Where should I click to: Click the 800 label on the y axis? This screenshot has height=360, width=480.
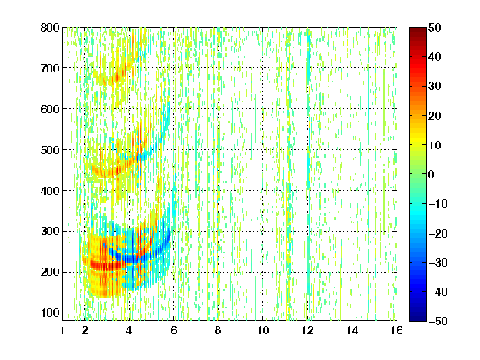click(x=50, y=27)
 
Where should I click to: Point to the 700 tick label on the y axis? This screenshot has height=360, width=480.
click(x=50, y=68)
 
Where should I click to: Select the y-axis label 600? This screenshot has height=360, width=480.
click(x=50, y=109)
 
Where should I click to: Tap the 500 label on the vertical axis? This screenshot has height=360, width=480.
click(x=50, y=150)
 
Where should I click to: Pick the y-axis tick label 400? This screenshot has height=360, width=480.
click(x=50, y=191)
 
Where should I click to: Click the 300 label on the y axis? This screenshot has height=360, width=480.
click(x=50, y=232)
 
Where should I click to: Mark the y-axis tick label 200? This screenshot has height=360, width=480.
click(x=50, y=272)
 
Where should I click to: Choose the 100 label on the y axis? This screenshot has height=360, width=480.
click(x=50, y=312)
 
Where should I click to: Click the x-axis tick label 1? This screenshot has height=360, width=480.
click(x=62, y=330)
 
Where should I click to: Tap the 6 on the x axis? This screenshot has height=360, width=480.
click(x=174, y=330)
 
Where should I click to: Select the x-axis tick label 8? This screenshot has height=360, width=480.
click(x=218, y=330)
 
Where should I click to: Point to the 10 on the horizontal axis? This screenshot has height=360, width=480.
click(x=262, y=330)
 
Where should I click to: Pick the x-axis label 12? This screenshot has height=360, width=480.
click(x=307, y=330)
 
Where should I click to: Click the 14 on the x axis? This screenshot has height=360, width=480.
click(x=352, y=330)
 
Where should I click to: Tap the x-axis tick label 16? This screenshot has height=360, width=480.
click(x=397, y=330)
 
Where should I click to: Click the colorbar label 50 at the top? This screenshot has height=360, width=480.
click(x=435, y=27)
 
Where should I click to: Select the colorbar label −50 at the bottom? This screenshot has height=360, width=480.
click(x=438, y=321)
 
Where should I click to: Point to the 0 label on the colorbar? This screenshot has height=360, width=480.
click(x=432, y=174)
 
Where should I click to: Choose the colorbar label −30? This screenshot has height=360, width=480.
click(x=438, y=262)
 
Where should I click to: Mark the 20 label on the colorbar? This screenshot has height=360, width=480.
click(x=435, y=116)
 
